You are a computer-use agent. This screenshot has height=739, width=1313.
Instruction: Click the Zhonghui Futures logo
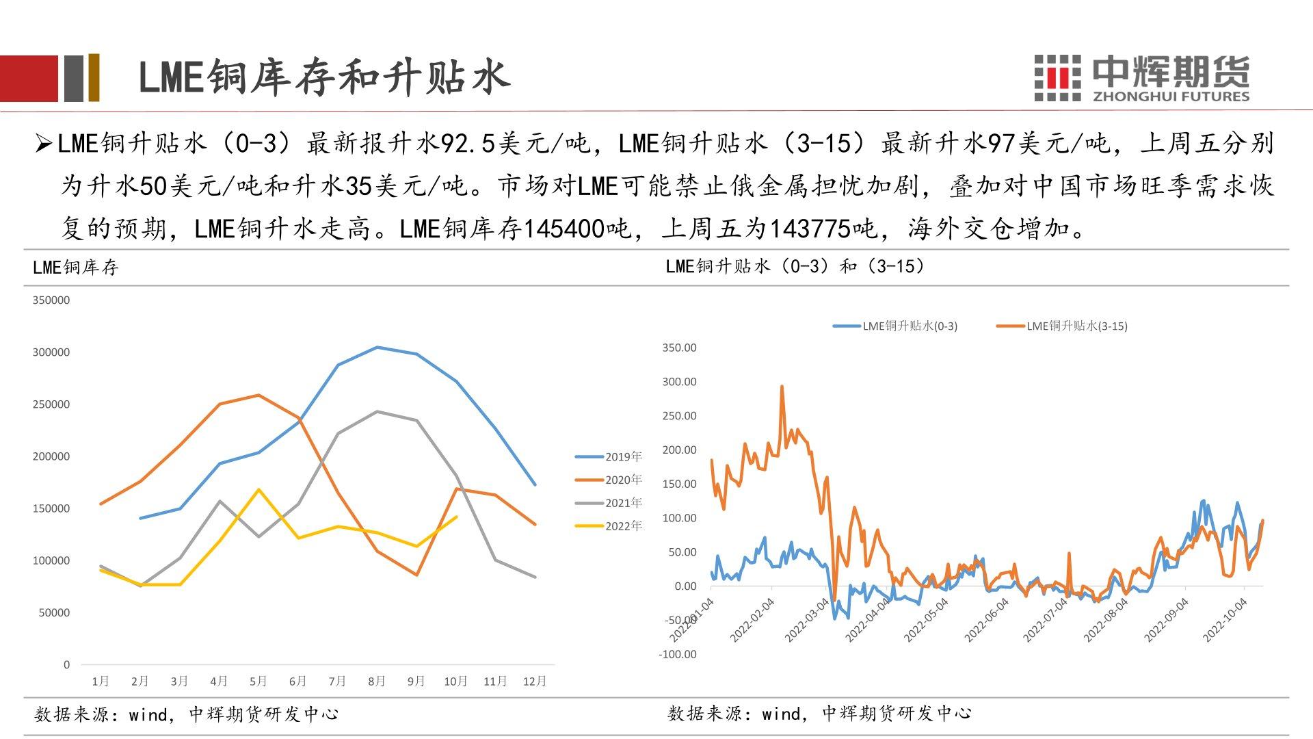point(1141,78)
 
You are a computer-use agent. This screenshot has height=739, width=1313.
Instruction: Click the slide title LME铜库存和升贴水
point(324,77)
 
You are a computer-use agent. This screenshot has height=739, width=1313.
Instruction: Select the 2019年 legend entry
point(609,456)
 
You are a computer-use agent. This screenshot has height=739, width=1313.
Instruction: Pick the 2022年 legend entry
point(609,526)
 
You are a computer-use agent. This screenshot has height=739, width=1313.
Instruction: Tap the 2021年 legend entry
point(609,503)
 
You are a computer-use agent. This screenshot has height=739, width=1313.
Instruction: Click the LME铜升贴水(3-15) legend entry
point(1062,326)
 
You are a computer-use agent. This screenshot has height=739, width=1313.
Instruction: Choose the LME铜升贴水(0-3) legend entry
point(895,326)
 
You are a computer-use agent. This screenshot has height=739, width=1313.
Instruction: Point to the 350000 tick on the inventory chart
point(51,300)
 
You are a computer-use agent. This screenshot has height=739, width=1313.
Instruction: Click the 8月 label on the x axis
point(377,681)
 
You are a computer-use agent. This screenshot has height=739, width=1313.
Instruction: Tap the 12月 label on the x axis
point(534,681)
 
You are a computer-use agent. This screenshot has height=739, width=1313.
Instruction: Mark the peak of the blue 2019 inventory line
point(377,347)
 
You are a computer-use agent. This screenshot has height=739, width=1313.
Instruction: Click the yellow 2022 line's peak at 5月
point(258,489)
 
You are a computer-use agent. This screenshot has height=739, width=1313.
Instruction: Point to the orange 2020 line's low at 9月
point(416,575)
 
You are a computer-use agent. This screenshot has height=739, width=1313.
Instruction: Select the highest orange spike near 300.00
point(782,387)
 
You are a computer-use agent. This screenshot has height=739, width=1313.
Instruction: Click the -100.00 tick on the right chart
point(678,654)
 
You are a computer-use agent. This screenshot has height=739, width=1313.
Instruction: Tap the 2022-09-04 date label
point(1167,620)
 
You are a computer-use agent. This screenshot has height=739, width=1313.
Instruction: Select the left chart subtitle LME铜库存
point(76,267)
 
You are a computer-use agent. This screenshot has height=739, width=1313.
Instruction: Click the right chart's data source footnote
point(819,714)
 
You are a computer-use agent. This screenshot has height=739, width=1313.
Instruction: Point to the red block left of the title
point(29,78)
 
